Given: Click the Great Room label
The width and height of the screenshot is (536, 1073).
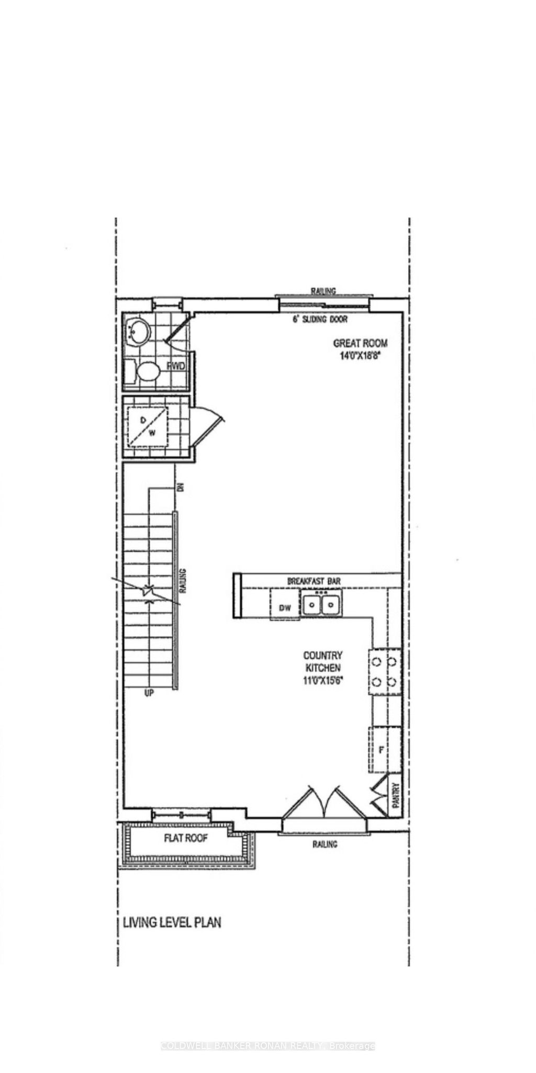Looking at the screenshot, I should click(361, 343).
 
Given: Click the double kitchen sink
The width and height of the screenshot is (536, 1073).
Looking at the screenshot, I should click(321, 605).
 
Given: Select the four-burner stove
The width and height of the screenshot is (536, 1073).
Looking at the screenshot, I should click(385, 672).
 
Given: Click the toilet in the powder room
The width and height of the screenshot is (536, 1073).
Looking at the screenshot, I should click(146, 372).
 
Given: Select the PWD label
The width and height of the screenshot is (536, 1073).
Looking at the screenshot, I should click(176, 366).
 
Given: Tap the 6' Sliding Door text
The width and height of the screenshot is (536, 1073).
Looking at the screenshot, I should click(320, 319).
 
